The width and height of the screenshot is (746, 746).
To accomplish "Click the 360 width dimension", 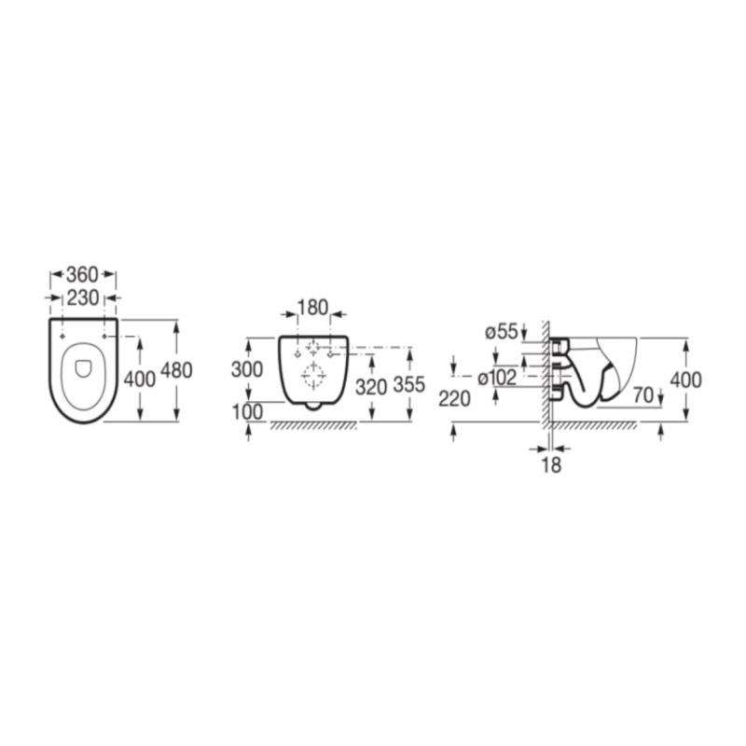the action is coord(82,274).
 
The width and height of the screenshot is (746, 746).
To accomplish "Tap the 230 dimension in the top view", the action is coord(83,298).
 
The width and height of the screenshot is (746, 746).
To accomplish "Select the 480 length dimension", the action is coord(176,370).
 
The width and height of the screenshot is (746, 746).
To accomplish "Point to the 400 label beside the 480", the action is coord(139,380).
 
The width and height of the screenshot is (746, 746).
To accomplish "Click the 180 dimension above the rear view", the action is coord(312,308).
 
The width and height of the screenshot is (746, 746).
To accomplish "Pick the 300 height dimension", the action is coord(247,369).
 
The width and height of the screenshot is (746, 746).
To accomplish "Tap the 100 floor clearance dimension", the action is coord(247,412).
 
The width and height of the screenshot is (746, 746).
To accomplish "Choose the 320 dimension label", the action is coord(371,388).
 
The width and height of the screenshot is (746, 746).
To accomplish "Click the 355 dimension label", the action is coord(408,384).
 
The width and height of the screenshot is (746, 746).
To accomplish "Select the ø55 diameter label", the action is coord(501,332).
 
